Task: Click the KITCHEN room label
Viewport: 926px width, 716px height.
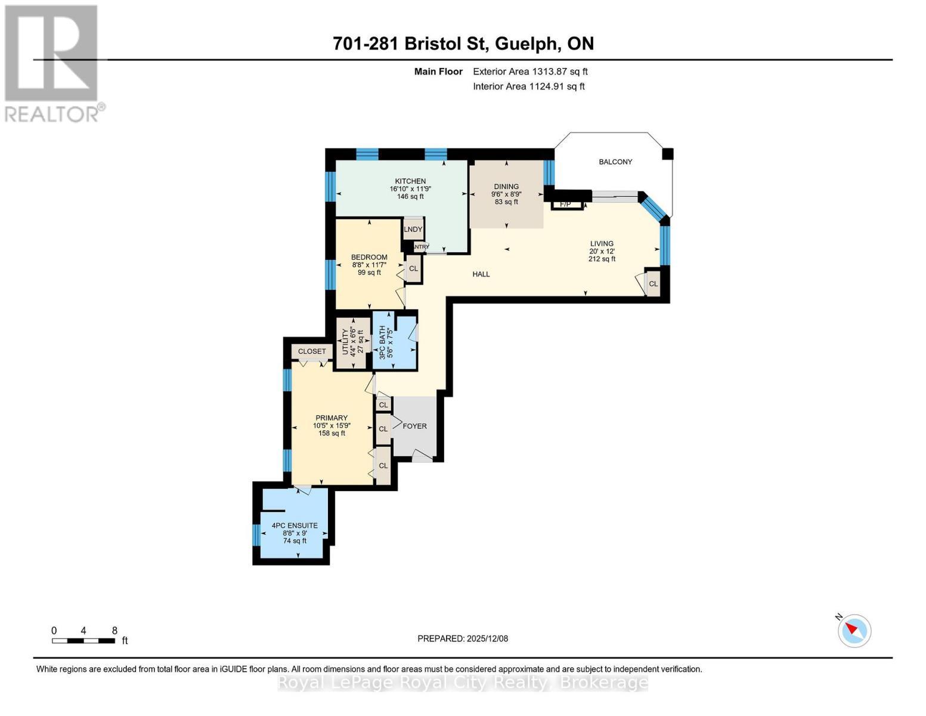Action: (410, 181)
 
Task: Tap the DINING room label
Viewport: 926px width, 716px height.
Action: (506, 187)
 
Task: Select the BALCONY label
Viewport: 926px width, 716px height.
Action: (615, 162)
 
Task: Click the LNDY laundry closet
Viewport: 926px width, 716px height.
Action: (413, 229)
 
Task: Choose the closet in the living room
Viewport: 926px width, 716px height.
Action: (654, 284)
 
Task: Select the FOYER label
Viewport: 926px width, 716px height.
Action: (414, 426)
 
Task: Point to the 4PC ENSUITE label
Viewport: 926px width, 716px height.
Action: (295, 526)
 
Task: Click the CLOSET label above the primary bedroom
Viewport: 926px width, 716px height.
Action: (312, 351)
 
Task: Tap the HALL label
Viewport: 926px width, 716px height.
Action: (481, 274)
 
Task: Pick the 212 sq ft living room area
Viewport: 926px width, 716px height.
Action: (602, 259)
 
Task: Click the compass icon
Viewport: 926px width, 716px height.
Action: (854, 630)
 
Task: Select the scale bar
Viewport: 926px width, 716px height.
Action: (83, 641)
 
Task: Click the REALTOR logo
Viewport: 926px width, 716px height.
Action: (52, 63)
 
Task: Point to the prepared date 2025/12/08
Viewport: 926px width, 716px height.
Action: (463, 638)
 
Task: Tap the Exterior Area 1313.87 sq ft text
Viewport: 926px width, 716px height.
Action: (530, 72)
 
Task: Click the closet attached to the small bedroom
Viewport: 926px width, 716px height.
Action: (413, 268)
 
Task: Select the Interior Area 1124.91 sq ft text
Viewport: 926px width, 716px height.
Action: (528, 87)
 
